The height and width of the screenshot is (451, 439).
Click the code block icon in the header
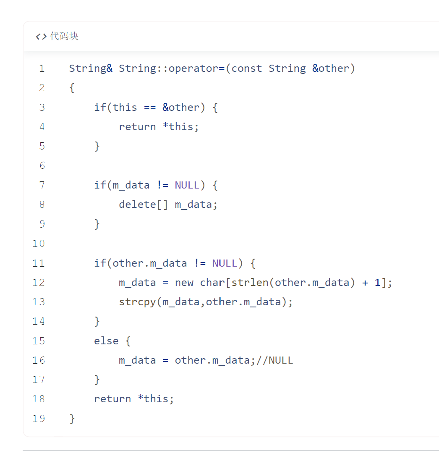tap(41, 37)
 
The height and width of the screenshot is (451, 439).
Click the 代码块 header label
tap(64, 36)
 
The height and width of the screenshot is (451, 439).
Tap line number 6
tap(42, 165)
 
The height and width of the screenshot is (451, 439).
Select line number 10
tap(39, 244)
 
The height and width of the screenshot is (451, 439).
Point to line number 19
tap(39, 419)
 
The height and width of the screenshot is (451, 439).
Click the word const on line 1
tap(247, 68)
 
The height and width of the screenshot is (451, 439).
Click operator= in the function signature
tap(196, 69)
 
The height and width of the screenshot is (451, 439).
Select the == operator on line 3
tap(150, 108)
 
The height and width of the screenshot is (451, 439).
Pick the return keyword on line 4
tap(137, 127)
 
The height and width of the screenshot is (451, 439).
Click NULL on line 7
tap(187, 185)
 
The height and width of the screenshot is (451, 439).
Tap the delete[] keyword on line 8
tap(143, 205)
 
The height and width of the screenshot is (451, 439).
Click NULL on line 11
tap(225, 263)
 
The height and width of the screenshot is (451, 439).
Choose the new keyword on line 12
tap(184, 283)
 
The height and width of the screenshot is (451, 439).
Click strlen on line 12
tap(250, 283)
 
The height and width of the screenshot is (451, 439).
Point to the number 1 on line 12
tap(377, 283)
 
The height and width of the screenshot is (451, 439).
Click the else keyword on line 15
tap(106, 341)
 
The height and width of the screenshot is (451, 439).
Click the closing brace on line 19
tap(72, 419)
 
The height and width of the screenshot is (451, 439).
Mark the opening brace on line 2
tap(72, 88)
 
